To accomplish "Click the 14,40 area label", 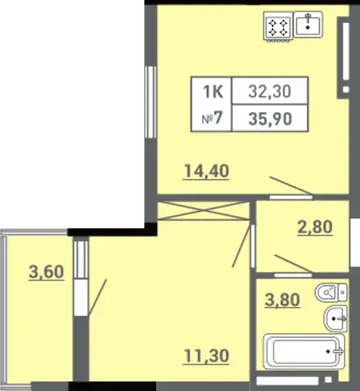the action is point(206,171).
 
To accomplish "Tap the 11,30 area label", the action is point(206,355).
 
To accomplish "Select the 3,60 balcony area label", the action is point(46,272).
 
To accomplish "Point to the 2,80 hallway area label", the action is point(315,227).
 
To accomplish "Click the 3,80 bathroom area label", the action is point(283,300).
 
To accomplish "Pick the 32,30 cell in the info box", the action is point(270,91).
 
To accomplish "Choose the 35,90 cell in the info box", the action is point(270,119).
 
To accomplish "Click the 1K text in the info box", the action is point(213,91).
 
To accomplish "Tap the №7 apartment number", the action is point(212,119).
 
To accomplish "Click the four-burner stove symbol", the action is point(278,27).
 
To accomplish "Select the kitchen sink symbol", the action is point(308,24).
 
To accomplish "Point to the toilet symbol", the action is point(331,292).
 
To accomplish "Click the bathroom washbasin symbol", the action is point(336,319).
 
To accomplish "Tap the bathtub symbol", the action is point(304,351).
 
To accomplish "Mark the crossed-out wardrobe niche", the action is point(204,211).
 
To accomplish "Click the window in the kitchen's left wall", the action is point(151,102).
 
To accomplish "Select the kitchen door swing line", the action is point(291,186).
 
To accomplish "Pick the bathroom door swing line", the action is point(293,263).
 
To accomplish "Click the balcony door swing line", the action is point(98,297).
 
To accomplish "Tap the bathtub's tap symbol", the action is point(338,351).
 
